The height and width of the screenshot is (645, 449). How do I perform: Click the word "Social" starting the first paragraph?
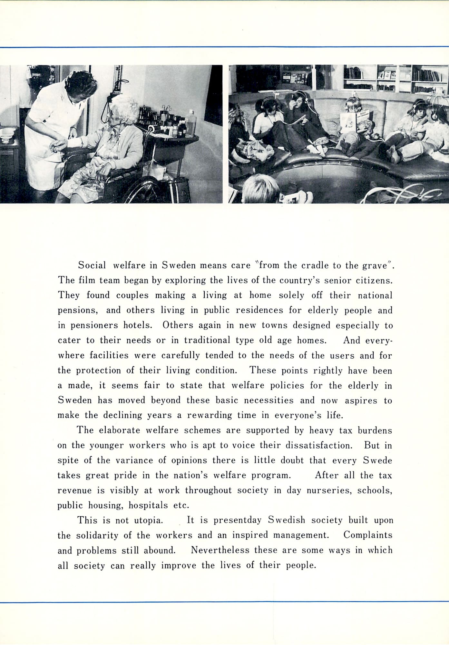click(x=92, y=265)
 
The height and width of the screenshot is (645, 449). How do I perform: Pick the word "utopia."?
click(x=147, y=520)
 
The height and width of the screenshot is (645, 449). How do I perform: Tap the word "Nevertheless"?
click(x=220, y=550)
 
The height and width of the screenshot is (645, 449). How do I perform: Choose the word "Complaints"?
click(x=368, y=535)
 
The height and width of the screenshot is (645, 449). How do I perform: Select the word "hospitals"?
click(x=148, y=505)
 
